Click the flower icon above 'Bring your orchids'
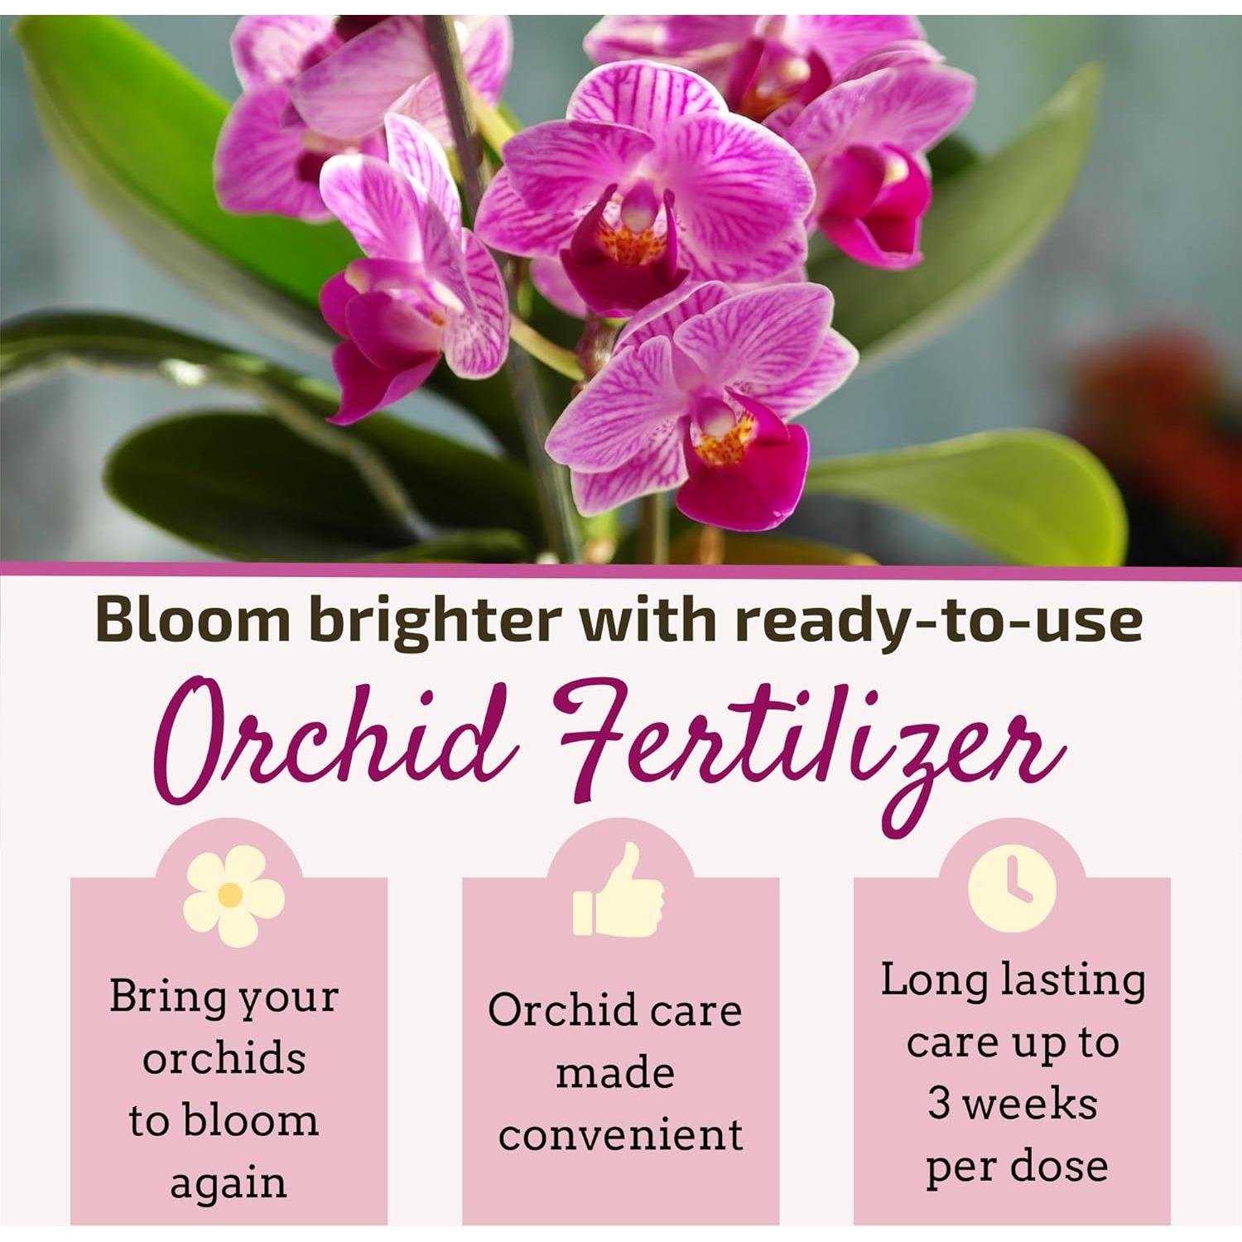(233, 895)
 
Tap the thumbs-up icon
(619, 891)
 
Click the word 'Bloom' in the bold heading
(192, 620)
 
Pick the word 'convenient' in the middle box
(620, 1134)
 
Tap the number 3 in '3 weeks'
(938, 1104)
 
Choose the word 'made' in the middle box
(615, 1073)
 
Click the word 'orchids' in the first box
(224, 1058)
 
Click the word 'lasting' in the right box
(1073, 980)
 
